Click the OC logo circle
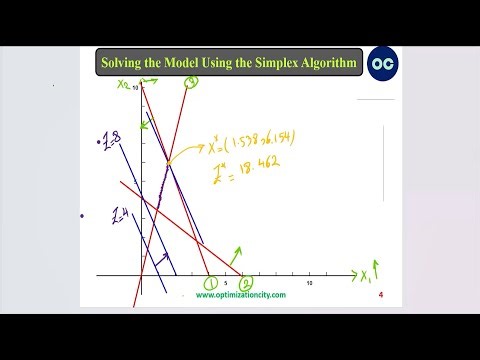pyautogui.click(x=382, y=63)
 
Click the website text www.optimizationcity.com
pyautogui.click(x=240, y=295)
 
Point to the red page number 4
pyautogui.click(x=381, y=296)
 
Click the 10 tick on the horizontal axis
pyautogui.click(x=309, y=284)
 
